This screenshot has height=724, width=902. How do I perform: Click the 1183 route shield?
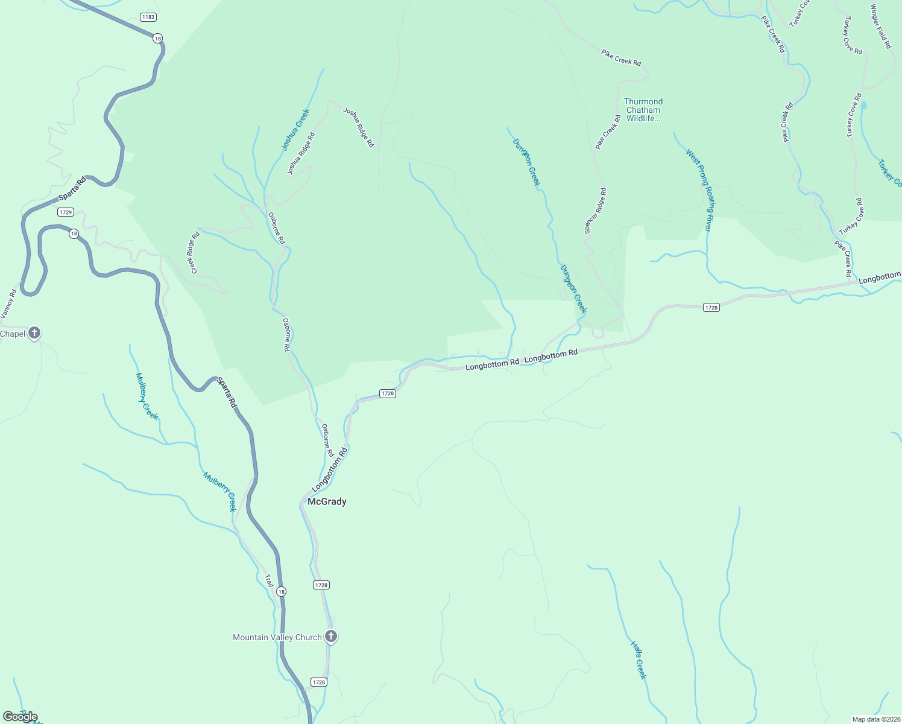point(148,17)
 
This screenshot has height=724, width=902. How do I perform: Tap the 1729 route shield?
point(66,212)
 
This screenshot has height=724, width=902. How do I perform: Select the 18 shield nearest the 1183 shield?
point(157,38)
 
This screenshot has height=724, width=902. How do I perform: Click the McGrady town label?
point(327,501)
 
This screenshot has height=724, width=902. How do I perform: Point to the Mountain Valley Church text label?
point(277,637)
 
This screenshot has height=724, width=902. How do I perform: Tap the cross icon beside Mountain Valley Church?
point(330,636)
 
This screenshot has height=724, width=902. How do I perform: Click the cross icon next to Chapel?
point(35,332)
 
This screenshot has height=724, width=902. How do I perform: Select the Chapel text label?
point(13,334)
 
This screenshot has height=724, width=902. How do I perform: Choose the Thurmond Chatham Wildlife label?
point(643,110)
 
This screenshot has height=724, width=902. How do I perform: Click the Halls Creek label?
point(639,660)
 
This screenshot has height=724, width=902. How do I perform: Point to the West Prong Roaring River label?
point(700,189)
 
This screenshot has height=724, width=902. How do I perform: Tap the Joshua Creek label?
point(295,130)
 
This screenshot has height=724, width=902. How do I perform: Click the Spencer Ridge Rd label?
point(595,211)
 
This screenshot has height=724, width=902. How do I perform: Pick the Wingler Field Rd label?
point(880,27)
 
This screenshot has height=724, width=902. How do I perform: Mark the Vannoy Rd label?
point(8,303)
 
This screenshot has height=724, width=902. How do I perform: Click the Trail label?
point(269,580)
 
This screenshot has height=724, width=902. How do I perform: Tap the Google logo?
point(20,717)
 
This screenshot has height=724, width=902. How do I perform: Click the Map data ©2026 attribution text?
point(875,719)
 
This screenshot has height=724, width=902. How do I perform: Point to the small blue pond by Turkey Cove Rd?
point(863,106)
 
